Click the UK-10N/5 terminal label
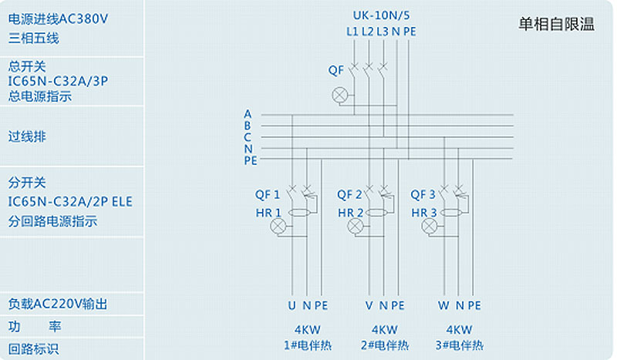(380, 15)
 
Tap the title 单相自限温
(556, 24)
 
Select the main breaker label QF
(335, 70)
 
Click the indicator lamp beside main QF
(339, 95)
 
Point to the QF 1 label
(268, 194)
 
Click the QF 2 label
(349, 194)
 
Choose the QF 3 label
(423, 194)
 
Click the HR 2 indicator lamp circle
(356, 226)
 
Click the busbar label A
(248, 114)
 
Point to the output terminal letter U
(292, 305)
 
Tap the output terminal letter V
(369, 305)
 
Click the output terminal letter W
(443, 305)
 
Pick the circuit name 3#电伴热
(459, 345)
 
